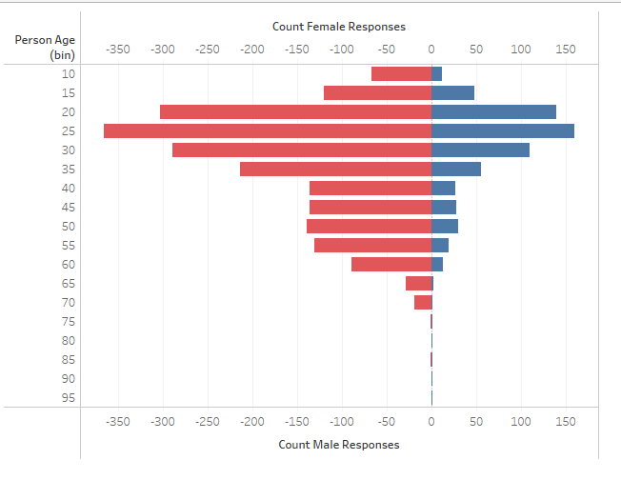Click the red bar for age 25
click(268, 130)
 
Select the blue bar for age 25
click(503, 130)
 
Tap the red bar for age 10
click(401, 73)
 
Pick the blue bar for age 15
click(452, 92)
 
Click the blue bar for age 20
click(493, 111)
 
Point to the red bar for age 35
click(335, 169)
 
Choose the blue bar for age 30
click(480, 150)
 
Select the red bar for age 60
click(391, 264)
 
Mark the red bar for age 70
click(423, 302)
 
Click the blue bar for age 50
click(445, 226)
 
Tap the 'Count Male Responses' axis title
click(339, 445)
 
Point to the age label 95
click(70, 398)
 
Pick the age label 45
click(70, 207)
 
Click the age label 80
click(70, 340)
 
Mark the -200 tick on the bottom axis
click(252, 420)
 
